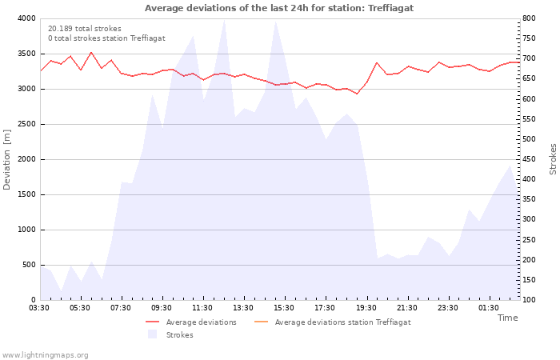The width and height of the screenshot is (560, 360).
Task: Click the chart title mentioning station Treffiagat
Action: click(x=279, y=8)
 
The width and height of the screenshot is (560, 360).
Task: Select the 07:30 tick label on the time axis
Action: click(x=121, y=308)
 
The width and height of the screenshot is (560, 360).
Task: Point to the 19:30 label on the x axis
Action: click(x=366, y=308)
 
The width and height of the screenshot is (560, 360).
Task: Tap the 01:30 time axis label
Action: click(x=489, y=308)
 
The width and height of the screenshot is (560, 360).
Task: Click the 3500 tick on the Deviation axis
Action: click(x=27, y=54)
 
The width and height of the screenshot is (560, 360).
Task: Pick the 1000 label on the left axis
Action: click(x=27, y=230)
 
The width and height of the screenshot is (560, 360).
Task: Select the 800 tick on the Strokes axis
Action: click(x=529, y=18)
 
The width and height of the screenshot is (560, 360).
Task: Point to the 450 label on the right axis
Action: click(x=529, y=159)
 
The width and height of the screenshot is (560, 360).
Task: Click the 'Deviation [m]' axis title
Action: click(x=6, y=160)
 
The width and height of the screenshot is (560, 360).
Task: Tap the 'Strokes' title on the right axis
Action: click(x=553, y=159)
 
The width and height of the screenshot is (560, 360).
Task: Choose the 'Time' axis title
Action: click(x=507, y=318)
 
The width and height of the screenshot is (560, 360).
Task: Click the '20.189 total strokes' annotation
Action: click(x=85, y=29)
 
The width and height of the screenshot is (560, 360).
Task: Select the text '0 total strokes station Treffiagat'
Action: click(x=106, y=38)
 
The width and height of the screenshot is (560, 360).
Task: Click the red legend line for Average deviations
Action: click(x=153, y=322)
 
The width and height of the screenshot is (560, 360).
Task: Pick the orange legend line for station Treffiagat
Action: click(x=261, y=322)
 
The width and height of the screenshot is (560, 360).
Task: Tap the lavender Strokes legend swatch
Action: click(x=153, y=334)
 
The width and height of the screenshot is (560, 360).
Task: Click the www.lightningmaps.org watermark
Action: click(x=45, y=355)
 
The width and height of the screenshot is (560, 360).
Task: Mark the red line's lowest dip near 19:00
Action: click(x=357, y=94)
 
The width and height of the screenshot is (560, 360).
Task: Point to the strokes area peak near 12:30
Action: click(x=224, y=20)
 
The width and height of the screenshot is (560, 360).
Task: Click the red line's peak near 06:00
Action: click(x=91, y=53)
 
